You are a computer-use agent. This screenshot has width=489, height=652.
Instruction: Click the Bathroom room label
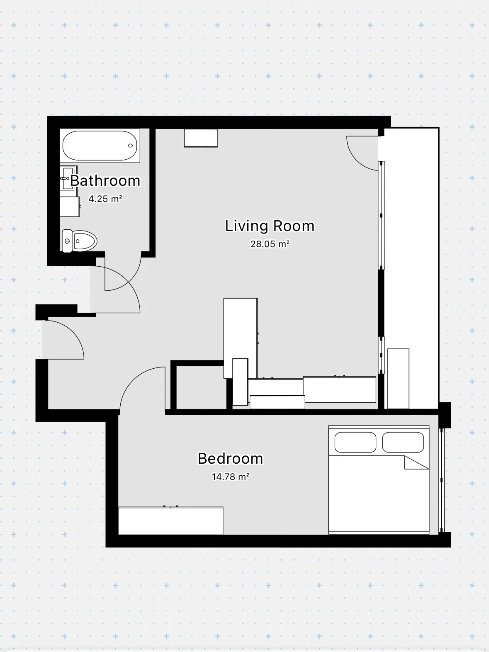[105, 180]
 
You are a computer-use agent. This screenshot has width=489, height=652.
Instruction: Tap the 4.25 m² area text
[105, 199]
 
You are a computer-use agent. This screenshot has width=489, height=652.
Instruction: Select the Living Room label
[270, 226]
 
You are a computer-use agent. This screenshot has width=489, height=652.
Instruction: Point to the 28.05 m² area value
[270, 244]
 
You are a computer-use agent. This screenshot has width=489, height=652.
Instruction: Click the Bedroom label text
[230, 459]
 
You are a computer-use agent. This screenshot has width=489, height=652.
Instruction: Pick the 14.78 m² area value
[230, 477]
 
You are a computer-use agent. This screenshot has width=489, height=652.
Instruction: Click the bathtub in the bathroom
[100, 146]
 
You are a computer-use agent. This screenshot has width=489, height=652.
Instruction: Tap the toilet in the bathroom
[79, 241]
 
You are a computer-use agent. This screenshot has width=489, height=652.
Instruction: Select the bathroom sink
[68, 178]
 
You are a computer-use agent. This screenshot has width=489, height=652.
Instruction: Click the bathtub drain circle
[130, 146]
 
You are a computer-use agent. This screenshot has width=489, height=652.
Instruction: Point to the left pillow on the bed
[355, 442]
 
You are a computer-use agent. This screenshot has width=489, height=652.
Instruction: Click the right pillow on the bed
[403, 442]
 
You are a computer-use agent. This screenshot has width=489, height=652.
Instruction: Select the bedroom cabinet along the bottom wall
[171, 521]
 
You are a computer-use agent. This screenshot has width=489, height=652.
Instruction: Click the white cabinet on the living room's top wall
[201, 138]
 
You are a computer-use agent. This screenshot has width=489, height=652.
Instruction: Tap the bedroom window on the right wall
[441, 480]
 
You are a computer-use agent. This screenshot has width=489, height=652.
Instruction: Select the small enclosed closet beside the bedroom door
[201, 387]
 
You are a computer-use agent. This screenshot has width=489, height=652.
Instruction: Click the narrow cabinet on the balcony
[398, 379]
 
